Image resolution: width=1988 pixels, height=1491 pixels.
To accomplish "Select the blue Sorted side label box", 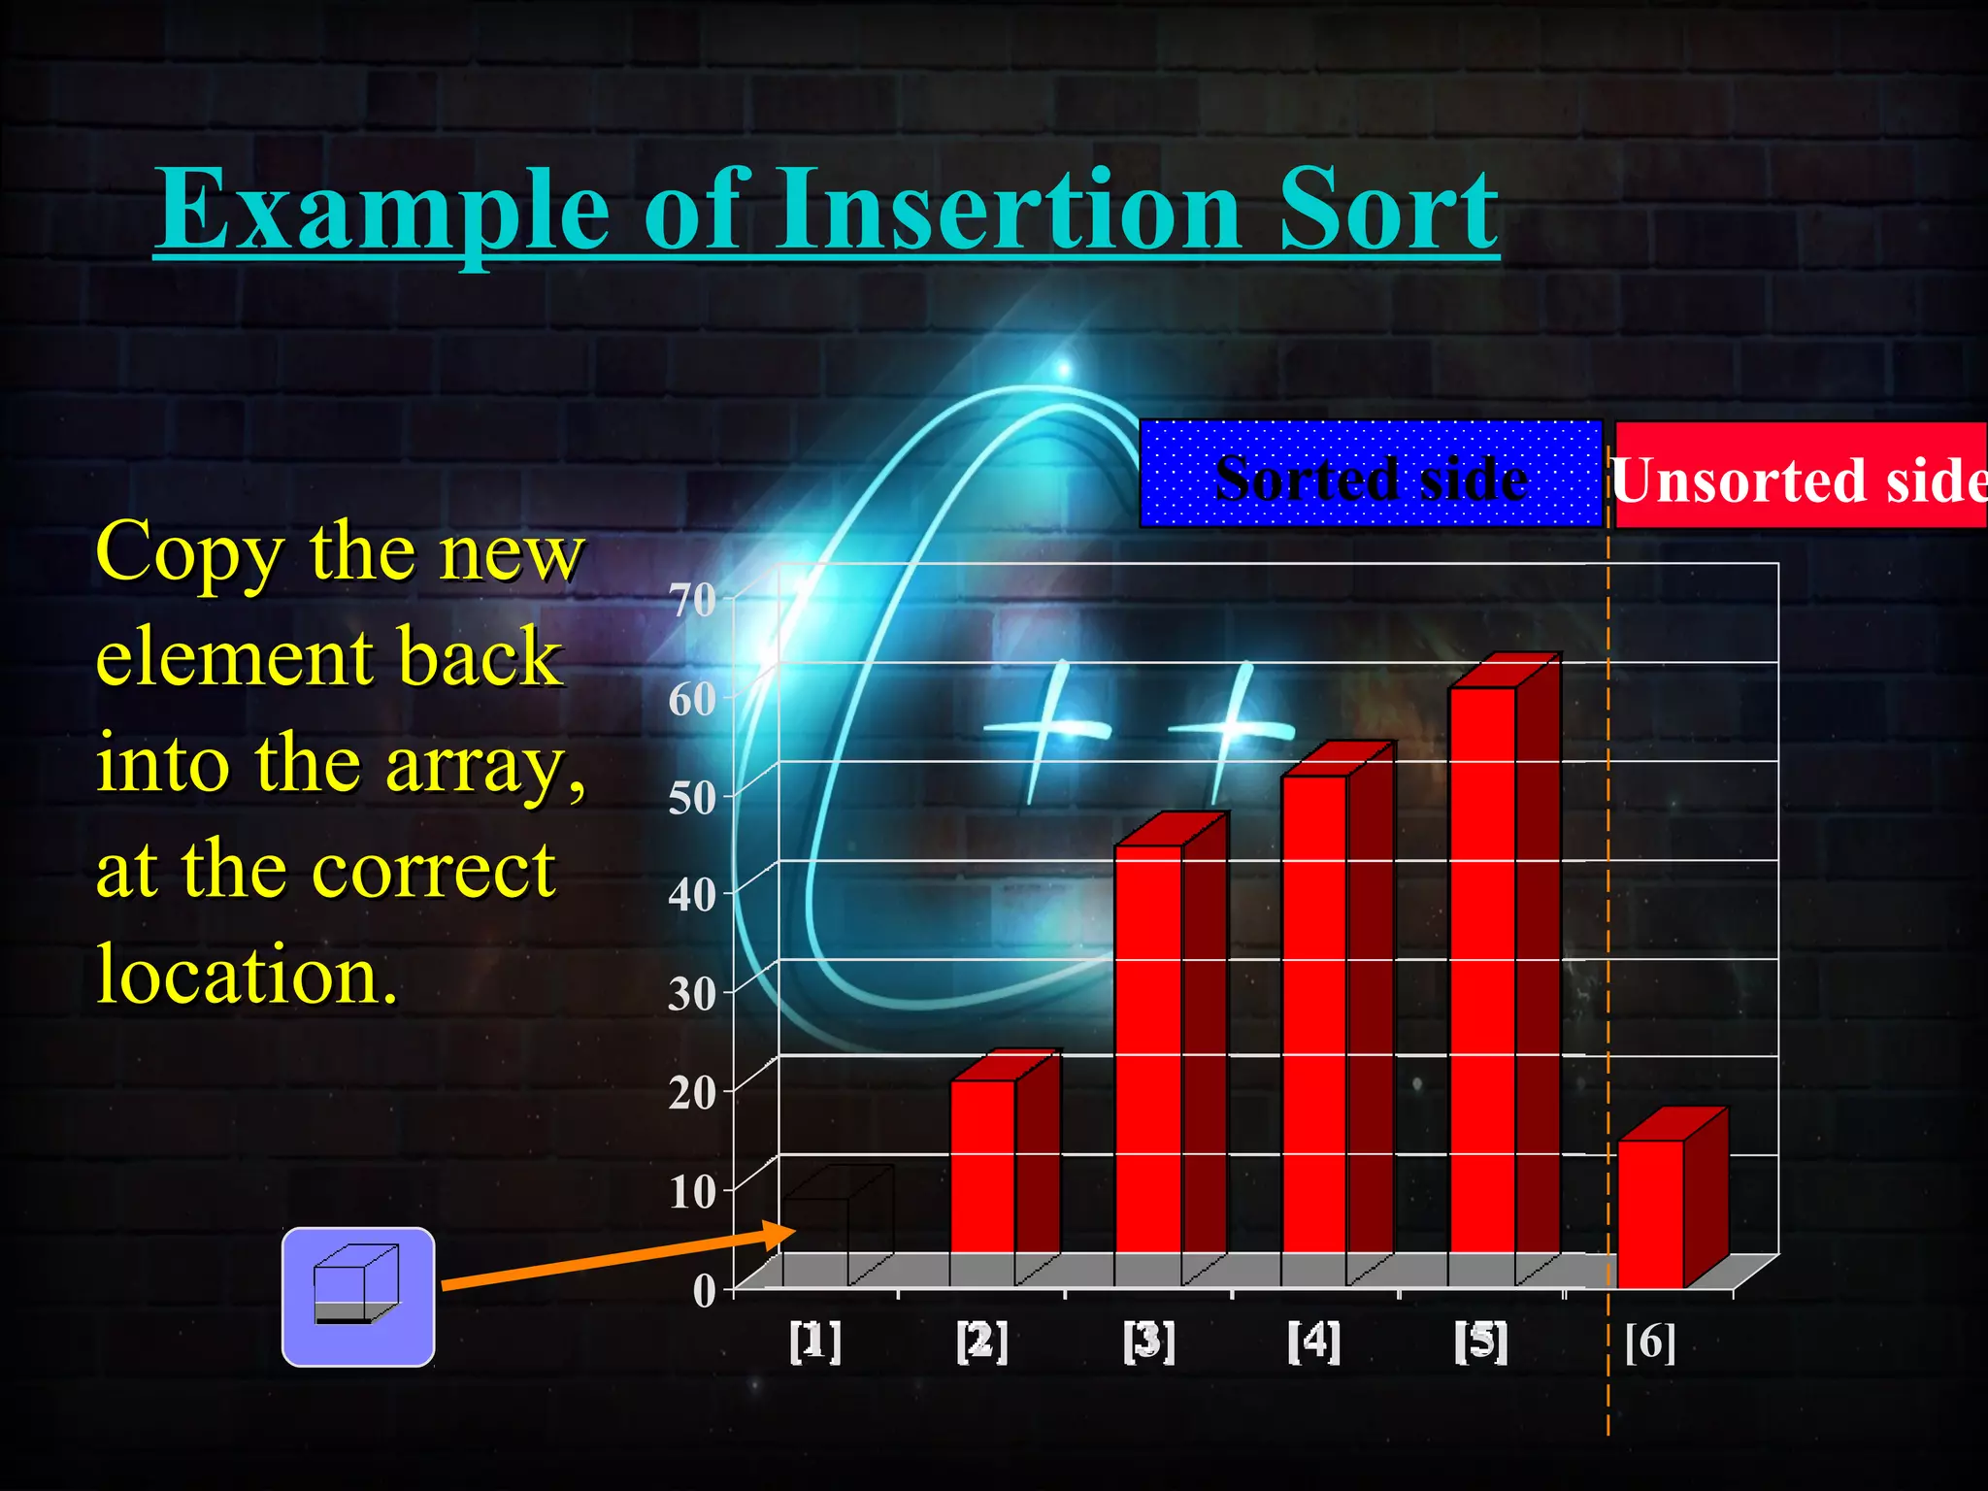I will tap(1371, 475).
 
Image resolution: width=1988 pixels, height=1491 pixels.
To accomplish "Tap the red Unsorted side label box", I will tap(1799, 476).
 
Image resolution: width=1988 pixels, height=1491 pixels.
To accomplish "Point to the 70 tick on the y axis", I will tap(692, 600).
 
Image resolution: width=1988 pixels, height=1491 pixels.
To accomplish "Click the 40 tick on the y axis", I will tap(692, 894).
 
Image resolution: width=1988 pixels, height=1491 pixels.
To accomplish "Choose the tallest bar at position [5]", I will tap(1481, 971).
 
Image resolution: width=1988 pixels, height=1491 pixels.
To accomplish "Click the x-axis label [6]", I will tap(1650, 1342).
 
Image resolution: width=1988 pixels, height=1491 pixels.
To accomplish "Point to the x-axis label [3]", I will tap(1148, 1342).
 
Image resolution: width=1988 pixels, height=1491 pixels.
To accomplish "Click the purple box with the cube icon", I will tap(357, 1296).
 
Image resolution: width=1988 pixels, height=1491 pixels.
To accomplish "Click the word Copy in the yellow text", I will tap(189, 552).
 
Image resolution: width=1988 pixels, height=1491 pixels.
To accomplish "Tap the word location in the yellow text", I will tap(247, 974).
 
